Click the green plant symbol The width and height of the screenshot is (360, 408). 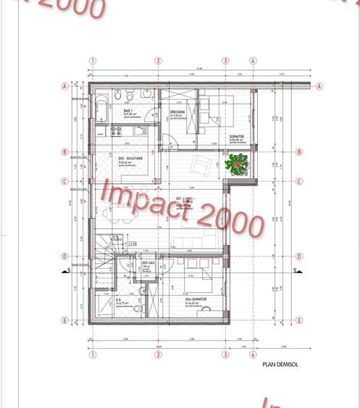point(236,165)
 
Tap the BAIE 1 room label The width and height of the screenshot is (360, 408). point(127,112)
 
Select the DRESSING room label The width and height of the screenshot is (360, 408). point(177,113)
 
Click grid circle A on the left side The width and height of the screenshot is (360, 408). point(65,86)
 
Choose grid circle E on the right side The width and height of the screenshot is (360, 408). point(298,321)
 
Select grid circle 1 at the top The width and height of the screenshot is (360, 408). point(92,62)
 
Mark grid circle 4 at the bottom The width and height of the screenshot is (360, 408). point(253,355)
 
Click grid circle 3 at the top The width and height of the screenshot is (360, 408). point(225,62)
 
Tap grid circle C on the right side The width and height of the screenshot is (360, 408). point(298,182)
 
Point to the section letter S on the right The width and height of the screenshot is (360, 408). point(296,271)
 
